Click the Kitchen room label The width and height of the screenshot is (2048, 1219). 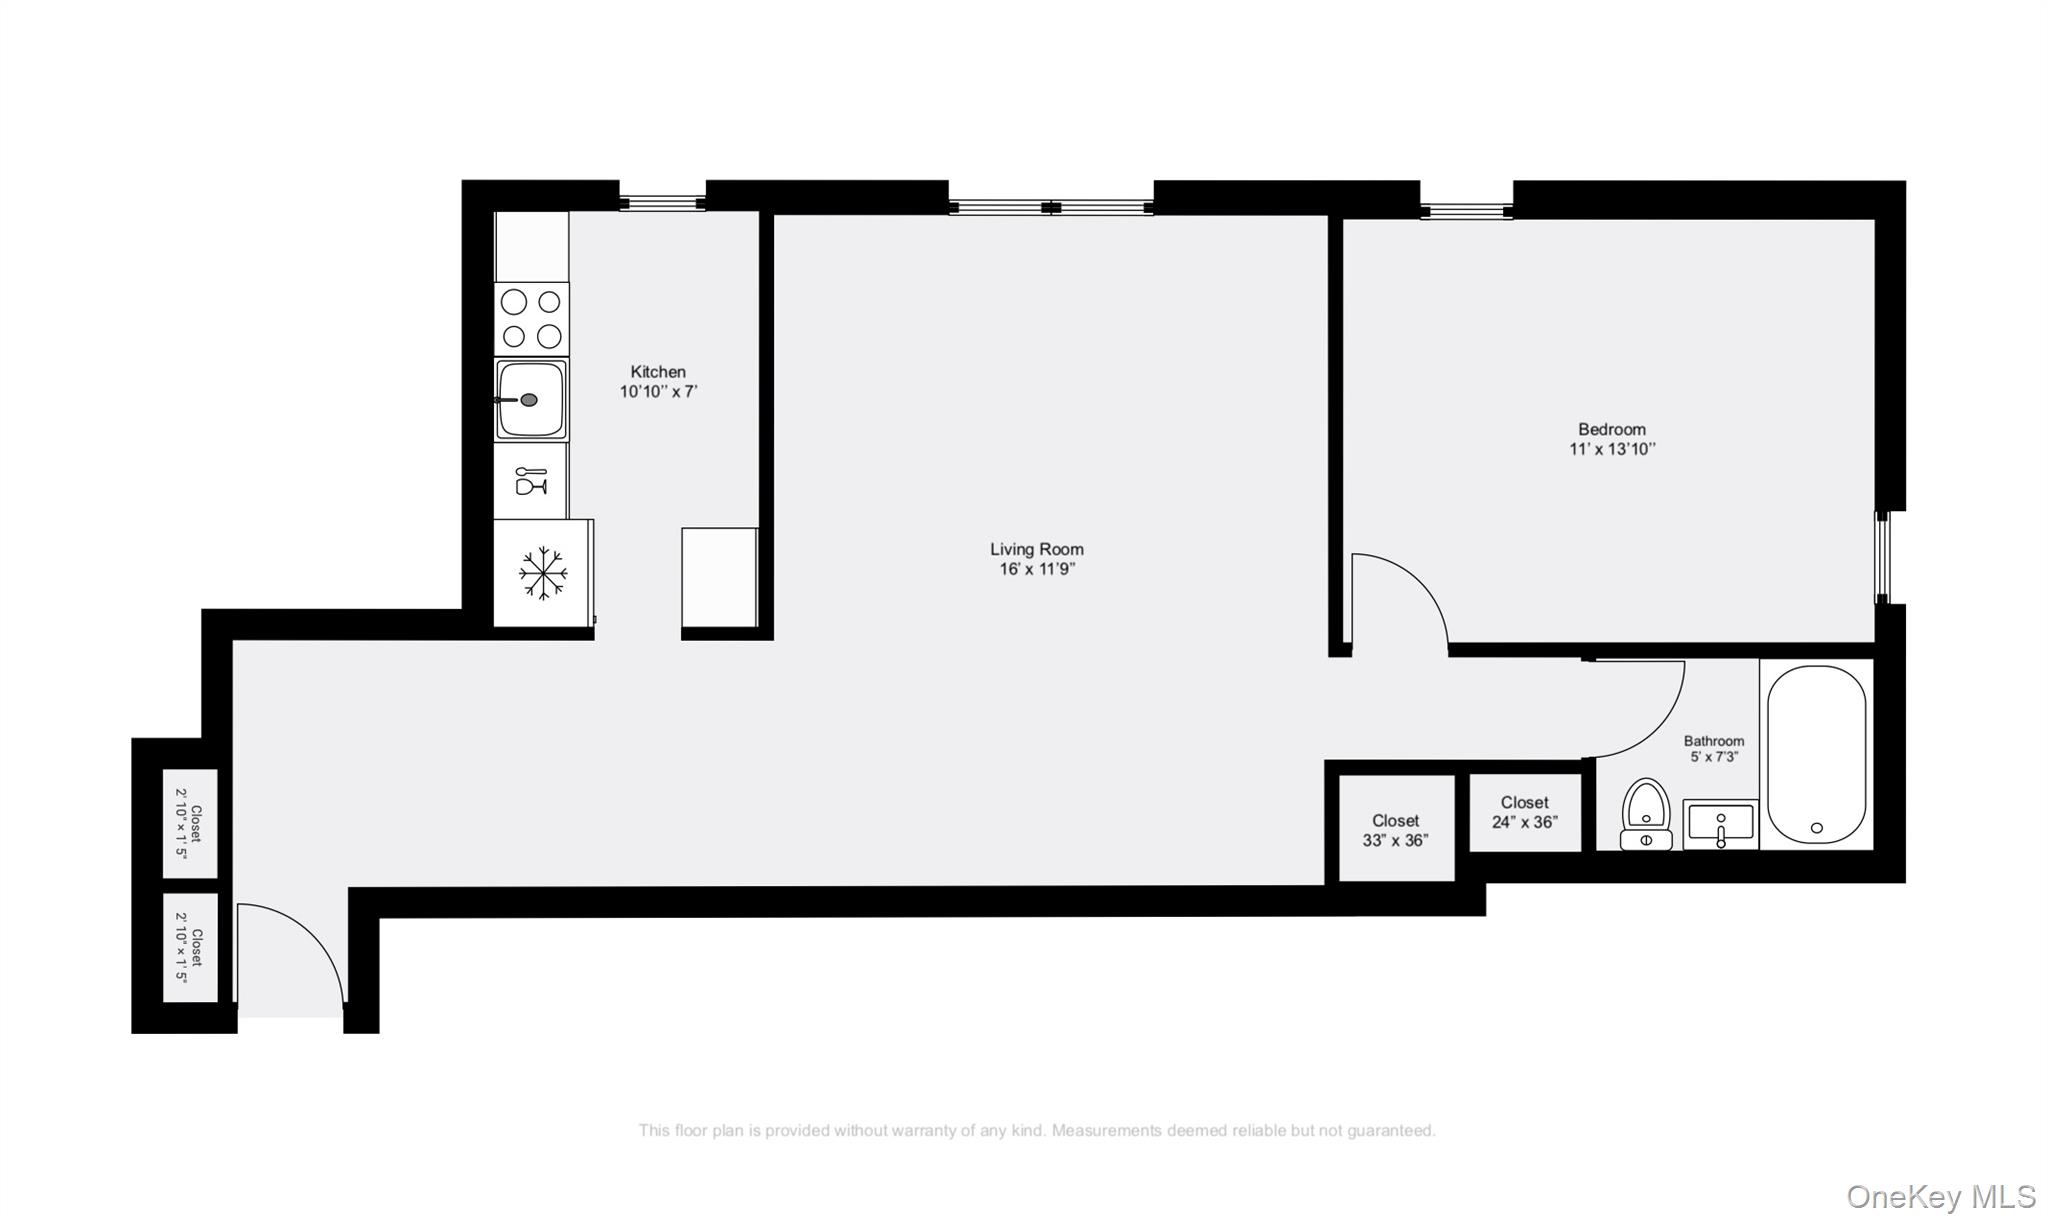pyautogui.click(x=658, y=372)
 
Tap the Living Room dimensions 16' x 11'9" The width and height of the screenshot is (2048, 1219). pyautogui.click(x=1037, y=569)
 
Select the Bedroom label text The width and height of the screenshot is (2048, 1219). pyautogui.click(x=1612, y=429)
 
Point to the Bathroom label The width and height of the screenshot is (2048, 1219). pyautogui.click(x=1714, y=741)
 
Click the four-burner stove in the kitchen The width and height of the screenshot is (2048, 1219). pyautogui.click(x=531, y=319)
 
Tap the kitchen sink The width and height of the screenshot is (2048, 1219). pyautogui.click(x=531, y=399)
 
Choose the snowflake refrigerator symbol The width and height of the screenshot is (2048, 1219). pyautogui.click(x=543, y=573)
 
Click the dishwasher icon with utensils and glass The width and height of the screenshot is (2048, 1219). pyautogui.click(x=531, y=481)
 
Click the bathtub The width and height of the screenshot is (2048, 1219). pyautogui.click(x=1816, y=755)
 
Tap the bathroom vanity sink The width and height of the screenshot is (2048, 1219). pyautogui.click(x=1720, y=825)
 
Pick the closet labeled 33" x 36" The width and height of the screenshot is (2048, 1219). pyautogui.click(x=1396, y=830)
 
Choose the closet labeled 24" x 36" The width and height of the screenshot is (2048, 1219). pyautogui.click(x=1525, y=812)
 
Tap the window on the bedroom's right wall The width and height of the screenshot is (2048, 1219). pyautogui.click(x=1882, y=557)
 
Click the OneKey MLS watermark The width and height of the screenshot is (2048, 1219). pyautogui.click(x=1940, y=1196)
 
